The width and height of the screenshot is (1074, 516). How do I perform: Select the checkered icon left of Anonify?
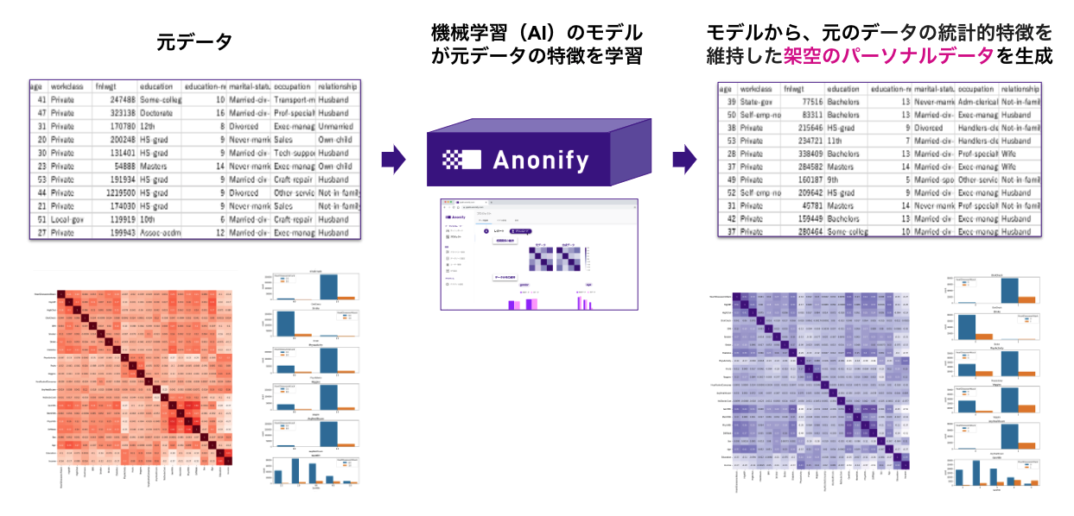[461, 159]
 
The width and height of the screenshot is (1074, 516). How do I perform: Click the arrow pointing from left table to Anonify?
[393, 159]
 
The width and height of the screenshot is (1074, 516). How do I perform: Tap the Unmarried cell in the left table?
[335, 126]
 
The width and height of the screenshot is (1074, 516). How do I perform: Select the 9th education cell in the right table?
[836, 180]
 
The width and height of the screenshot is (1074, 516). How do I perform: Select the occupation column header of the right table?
[976, 89]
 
